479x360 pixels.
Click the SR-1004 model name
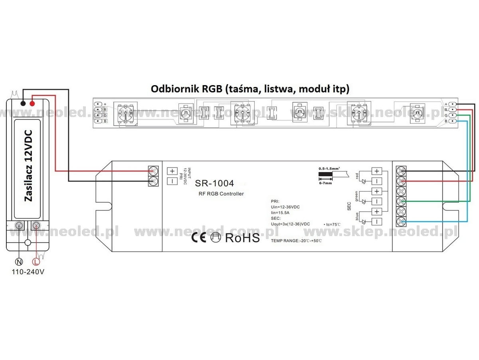214,183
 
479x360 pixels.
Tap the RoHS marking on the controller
242,238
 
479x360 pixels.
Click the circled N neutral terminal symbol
18,262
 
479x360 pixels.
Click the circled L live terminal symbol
36,262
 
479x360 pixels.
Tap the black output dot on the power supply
24,103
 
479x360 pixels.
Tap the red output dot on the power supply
32,103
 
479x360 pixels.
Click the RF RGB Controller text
221,194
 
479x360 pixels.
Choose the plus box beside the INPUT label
172,171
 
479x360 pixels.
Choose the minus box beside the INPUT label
172,181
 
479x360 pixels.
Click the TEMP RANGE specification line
296,241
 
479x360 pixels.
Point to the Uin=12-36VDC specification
285,207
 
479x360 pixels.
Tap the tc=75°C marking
332,224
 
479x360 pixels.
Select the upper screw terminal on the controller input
152,171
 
